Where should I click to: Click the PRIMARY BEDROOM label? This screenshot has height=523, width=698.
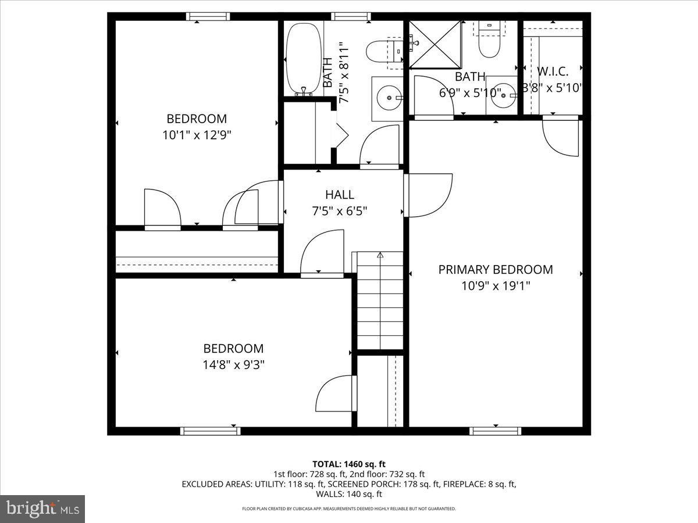pyautogui.click(x=495, y=270)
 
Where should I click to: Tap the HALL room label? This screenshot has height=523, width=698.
pyautogui.click(x=339, y=195)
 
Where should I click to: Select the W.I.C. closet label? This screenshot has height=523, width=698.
pyautogui.click(x=553, y=71)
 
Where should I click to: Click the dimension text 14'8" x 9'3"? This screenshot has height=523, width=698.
pyautogui.click(x=233, y=365)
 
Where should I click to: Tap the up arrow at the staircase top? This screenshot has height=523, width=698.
pyautogui.click(x=380, y=255)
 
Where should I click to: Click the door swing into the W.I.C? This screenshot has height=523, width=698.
pyautogui.click(x=560, y=137)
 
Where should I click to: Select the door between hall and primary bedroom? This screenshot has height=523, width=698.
pyautogui.click(x=429, y=195)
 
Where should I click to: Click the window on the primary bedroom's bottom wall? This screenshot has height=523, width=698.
pyautogui.click(x=495, y=431)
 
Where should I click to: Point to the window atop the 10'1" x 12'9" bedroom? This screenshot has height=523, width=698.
pyautogui.click(x=204, y=16)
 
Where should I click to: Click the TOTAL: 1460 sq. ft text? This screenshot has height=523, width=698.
pyautogui.click(x=349, y=464)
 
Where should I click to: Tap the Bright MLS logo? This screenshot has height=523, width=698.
pyautogui.click(x=42, y=509)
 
